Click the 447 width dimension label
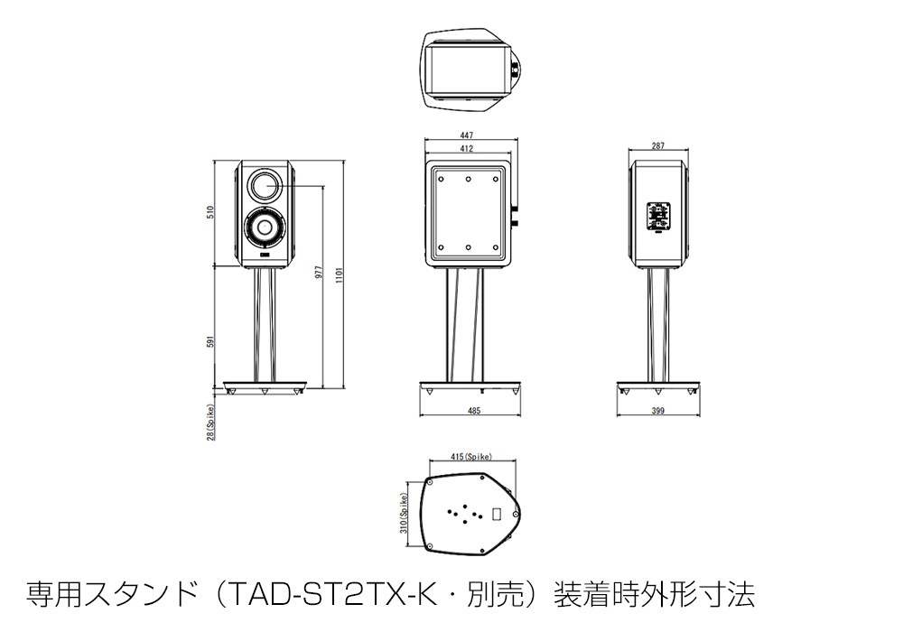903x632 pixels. (469, 135)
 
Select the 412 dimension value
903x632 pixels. (469, 147)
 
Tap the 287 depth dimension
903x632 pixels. (657, 146)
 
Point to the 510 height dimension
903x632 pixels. (209, 213)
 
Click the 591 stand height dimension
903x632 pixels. (209, 343)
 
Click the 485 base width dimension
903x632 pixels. (474, 411)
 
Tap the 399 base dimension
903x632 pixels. (657, 411)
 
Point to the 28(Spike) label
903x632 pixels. (209, 422)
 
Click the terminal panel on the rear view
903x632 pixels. (657, 216)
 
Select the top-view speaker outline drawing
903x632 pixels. (469, 70)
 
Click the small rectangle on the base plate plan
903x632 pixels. (496, 516)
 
